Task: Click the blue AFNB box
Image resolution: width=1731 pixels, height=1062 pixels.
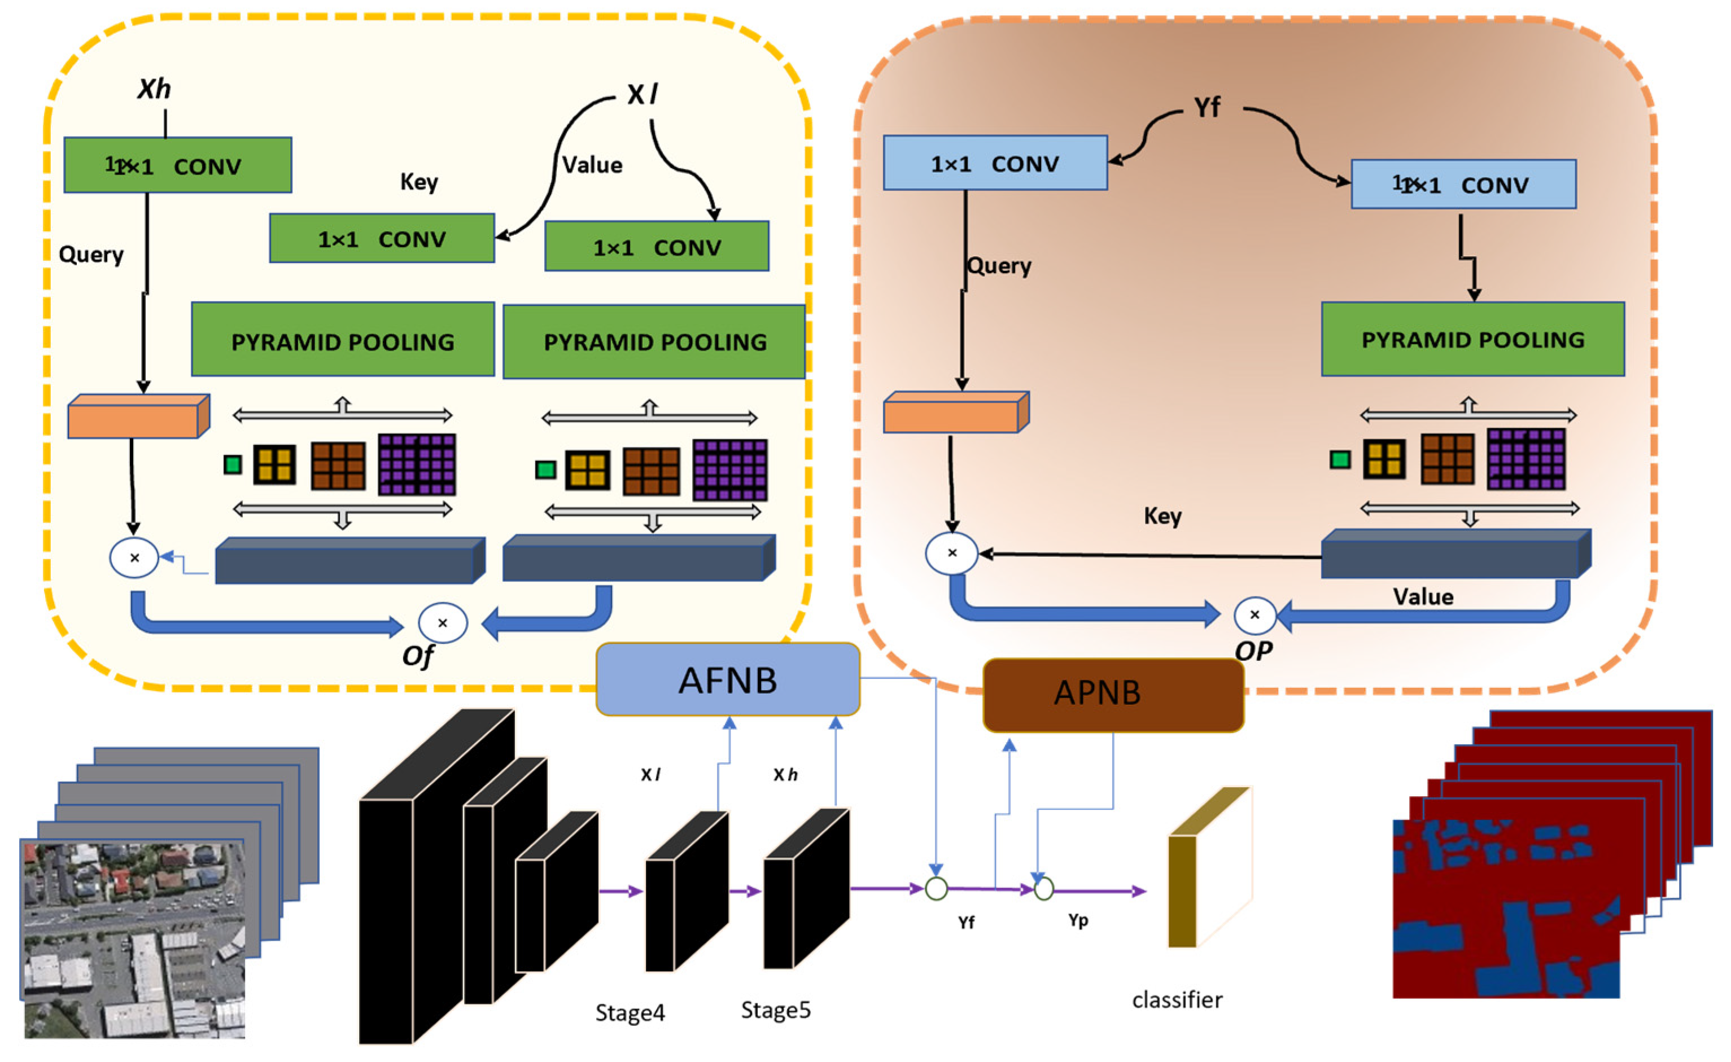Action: (x=727, y=679)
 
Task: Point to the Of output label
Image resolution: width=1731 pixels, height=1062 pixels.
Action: (x=417, y=656)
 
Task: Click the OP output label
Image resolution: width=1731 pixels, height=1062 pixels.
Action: (x=1253, y=651)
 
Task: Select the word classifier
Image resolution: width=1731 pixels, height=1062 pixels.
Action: (x=1177, y=999)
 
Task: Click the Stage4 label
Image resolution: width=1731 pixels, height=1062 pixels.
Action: (x=630, y=1012)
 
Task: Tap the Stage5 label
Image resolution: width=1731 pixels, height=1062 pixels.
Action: (x=776, y=1010)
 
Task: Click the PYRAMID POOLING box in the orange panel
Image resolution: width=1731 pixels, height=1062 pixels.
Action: (x=1472, y=339)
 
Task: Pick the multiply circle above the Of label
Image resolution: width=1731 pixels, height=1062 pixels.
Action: (x=443, y=622)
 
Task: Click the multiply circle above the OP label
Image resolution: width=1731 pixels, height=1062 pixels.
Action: (x=1254, y=615)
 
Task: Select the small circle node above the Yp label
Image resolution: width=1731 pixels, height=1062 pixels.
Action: (x=1044, y=889)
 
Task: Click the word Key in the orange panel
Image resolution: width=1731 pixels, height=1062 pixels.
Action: (x=1162, y=516)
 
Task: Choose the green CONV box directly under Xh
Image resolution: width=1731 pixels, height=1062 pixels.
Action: (x=177, y=165)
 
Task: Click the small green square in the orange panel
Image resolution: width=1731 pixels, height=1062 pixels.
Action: (x=1340, y=460)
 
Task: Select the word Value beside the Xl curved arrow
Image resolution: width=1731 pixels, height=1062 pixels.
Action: (x=592, y=165)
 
